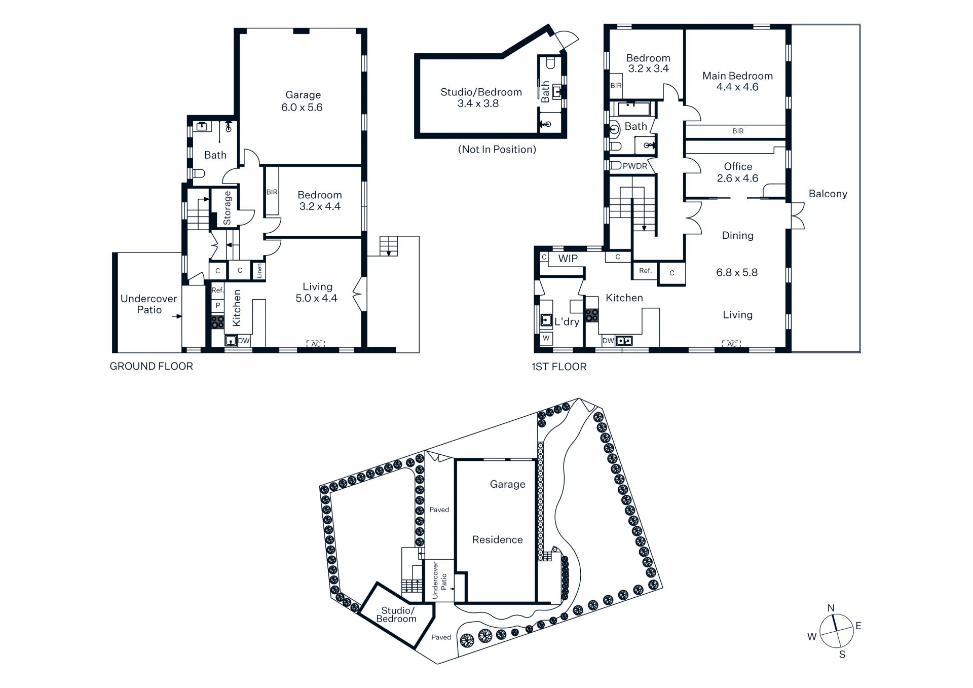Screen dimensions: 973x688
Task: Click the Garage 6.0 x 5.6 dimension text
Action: coord(302,107)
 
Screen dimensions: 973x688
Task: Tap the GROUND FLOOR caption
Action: coord(152,366)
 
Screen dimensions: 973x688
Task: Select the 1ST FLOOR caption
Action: coord(559,367)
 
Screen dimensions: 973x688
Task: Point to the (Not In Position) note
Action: coord(497,150)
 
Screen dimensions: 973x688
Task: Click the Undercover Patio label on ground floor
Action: coord(149,304)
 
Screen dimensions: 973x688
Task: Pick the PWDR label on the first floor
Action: coord(635,166)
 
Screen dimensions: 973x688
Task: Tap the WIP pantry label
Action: coord(568,259)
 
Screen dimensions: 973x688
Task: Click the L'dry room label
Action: coord(567,321)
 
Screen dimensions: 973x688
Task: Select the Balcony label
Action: coord(828,194)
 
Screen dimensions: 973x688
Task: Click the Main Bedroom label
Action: coord(737,76)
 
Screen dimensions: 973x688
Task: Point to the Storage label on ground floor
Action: coord(227,208)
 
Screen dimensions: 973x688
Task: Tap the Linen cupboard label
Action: coord(259,271)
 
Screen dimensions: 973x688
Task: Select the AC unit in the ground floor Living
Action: coord(316,344)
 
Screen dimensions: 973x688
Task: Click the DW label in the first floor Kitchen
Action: coord(608,341)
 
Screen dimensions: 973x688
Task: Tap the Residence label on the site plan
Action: coord(497,540)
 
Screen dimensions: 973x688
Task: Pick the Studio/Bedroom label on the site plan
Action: coord(397,614)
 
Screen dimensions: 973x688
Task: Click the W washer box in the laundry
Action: coord(546,338)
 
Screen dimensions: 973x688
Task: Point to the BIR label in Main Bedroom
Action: coord(738,131)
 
